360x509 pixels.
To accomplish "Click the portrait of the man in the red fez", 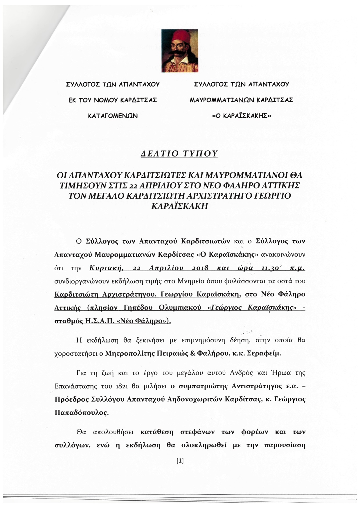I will click(180, 51).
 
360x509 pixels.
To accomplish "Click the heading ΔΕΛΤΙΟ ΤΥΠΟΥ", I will click(179, 154).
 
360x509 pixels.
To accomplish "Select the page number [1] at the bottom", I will click(180, 461).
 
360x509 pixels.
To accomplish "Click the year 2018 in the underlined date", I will click(200, 268).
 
